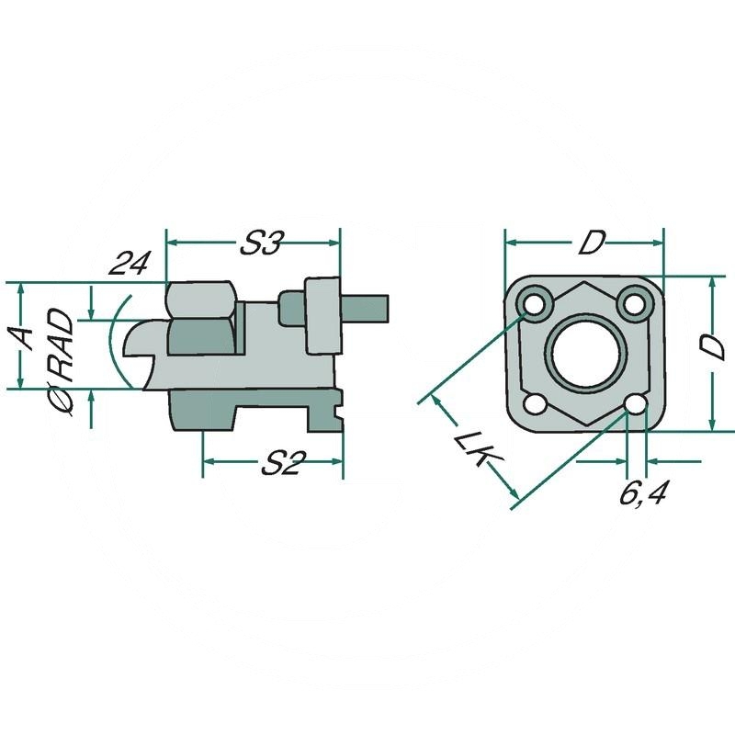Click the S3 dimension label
(x=260, y=243)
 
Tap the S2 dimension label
(x=279, y=465)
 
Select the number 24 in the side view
(x=129, y=265)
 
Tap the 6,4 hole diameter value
(x=642, y=494)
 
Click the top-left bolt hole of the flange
(x=532, y=300)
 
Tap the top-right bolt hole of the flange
(x=632, y=300)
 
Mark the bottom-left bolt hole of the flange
(x=533, y=404)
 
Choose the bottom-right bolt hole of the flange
(x=632, y=404)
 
